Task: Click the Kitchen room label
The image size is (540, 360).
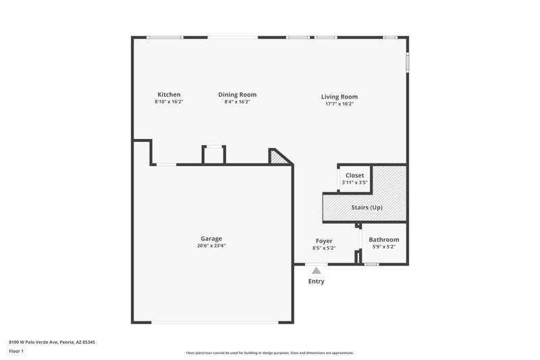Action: (x=169, y=95)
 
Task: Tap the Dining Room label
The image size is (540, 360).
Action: (x=237, y=95)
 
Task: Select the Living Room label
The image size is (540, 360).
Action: (x=339, y=97)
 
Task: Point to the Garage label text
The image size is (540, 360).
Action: (x=211, y=238)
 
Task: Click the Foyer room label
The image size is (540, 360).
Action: (x=324, y=240)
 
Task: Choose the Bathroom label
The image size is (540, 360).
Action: (x=383, y=240)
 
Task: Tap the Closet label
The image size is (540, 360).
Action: (x=354, y=176)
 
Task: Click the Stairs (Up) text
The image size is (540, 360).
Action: (x=367, y=207)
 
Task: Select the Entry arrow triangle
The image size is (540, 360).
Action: (x=316, y=270)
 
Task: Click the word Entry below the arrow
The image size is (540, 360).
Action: (x=316, y=282)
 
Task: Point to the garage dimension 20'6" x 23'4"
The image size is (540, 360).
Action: (x=211, y=246)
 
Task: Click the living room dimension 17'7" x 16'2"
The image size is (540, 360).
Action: (x=339, y=104)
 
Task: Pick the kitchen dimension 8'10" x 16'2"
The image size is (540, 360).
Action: (x=169, y=102)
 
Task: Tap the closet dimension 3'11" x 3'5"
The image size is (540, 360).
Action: (x=354, y=182)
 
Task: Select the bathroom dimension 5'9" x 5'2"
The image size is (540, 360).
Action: (x=383, y=247)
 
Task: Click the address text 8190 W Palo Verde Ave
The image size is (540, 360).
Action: (x=51, y=342)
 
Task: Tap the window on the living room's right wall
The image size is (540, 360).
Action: (x=407, y=61)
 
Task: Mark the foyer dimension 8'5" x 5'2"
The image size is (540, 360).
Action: (x=324, y=248)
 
